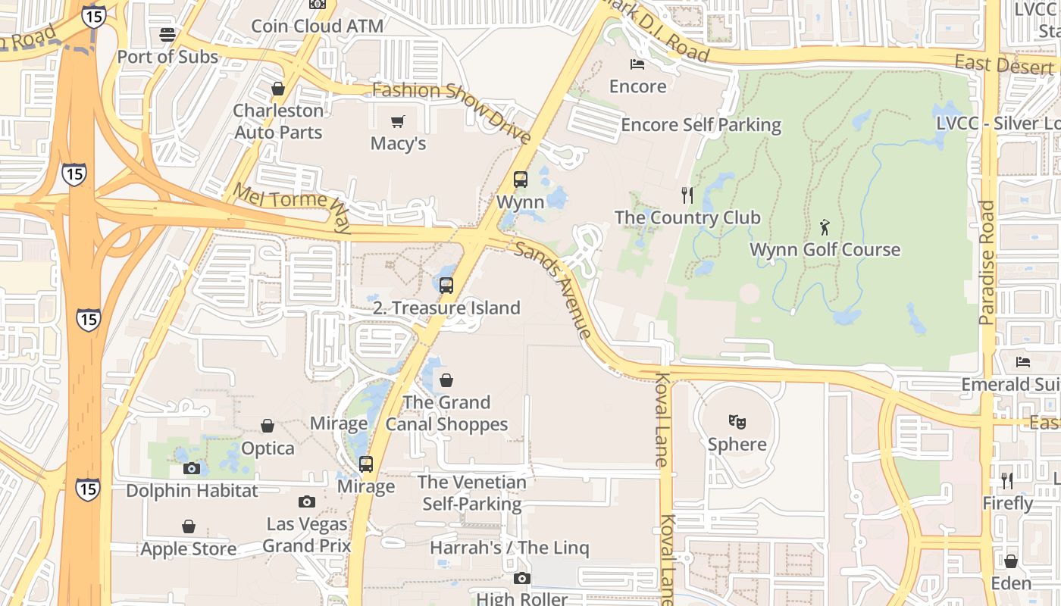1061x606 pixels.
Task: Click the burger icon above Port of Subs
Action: (167, 35)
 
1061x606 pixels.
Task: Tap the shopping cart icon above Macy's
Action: (398, 121)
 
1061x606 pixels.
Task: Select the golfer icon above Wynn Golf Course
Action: (825, 226)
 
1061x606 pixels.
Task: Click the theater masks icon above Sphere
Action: (737, 421)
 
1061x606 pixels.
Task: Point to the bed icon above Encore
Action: (637, 64)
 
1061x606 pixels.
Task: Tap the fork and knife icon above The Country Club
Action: (687, 195)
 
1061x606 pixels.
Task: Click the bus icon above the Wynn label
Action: (521, 180)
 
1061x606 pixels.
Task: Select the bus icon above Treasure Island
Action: (446, 286)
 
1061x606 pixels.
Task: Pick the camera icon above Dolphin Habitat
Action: (192, 468)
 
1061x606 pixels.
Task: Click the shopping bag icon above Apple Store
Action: (189, 526)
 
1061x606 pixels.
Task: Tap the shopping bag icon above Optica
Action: (268, 426)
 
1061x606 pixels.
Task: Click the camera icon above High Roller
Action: (521, 579)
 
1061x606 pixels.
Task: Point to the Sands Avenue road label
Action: (552, 289)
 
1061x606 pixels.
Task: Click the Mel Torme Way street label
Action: (292, 208)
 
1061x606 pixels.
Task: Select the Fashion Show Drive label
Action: (452, 112)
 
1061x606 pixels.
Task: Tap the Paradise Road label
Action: (987, 263)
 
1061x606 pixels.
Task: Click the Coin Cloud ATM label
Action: (317, 26)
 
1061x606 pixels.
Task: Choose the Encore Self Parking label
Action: (701, 125)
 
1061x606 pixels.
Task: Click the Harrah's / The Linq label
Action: (509, 548)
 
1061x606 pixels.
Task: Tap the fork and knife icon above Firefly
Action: (1007, 481)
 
